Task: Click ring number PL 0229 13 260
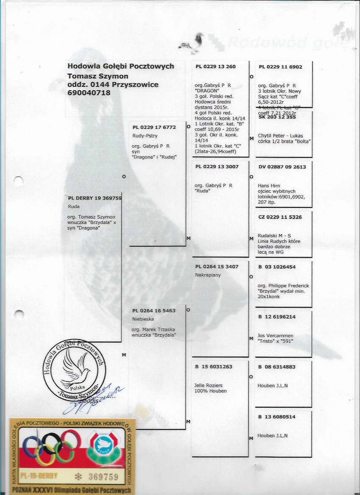point(216,67)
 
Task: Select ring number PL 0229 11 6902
point(280,67)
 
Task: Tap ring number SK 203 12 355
point(277,117)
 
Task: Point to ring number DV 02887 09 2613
point(282,167)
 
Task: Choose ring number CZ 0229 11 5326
point(280,217)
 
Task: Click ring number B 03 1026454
point(277,267)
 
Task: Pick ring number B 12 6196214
point(277,317)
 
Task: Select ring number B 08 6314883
point(277,367)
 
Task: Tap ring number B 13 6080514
point(277,417)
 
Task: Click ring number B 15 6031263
point(214,367)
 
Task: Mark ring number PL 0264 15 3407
point(217,267)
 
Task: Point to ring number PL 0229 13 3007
point(217,167)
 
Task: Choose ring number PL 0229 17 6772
point(154,127)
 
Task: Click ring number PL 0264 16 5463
point(154,311)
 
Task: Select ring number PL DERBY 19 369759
point(95,198)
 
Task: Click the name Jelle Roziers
point(209,385)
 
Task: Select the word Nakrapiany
point(208,275)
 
